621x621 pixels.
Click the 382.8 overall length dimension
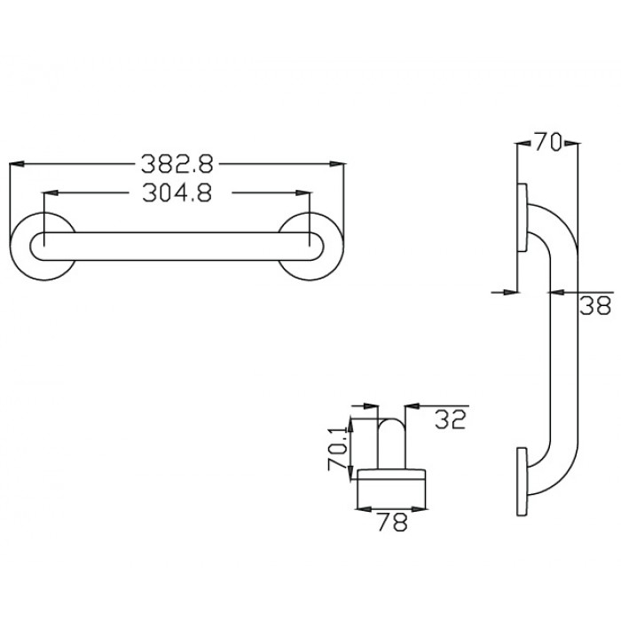click(x=177, y=163)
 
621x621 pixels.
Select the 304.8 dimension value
click(x=177, y=193)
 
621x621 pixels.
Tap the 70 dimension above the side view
click(x=548, y=142)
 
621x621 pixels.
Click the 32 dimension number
click(x=451, y=420)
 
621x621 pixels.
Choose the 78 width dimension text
click(x=391, y=523)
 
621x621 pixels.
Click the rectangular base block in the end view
click(x=391, y=490)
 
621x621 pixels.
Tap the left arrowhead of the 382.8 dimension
click(x=15, y=163)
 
